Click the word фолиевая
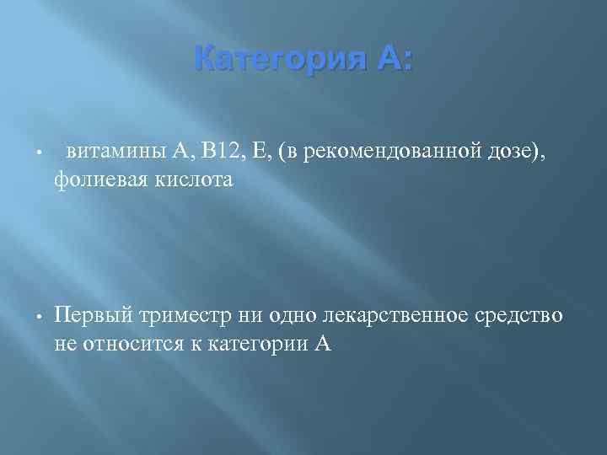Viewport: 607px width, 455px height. pyautogui.click(x=94, y=179)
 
